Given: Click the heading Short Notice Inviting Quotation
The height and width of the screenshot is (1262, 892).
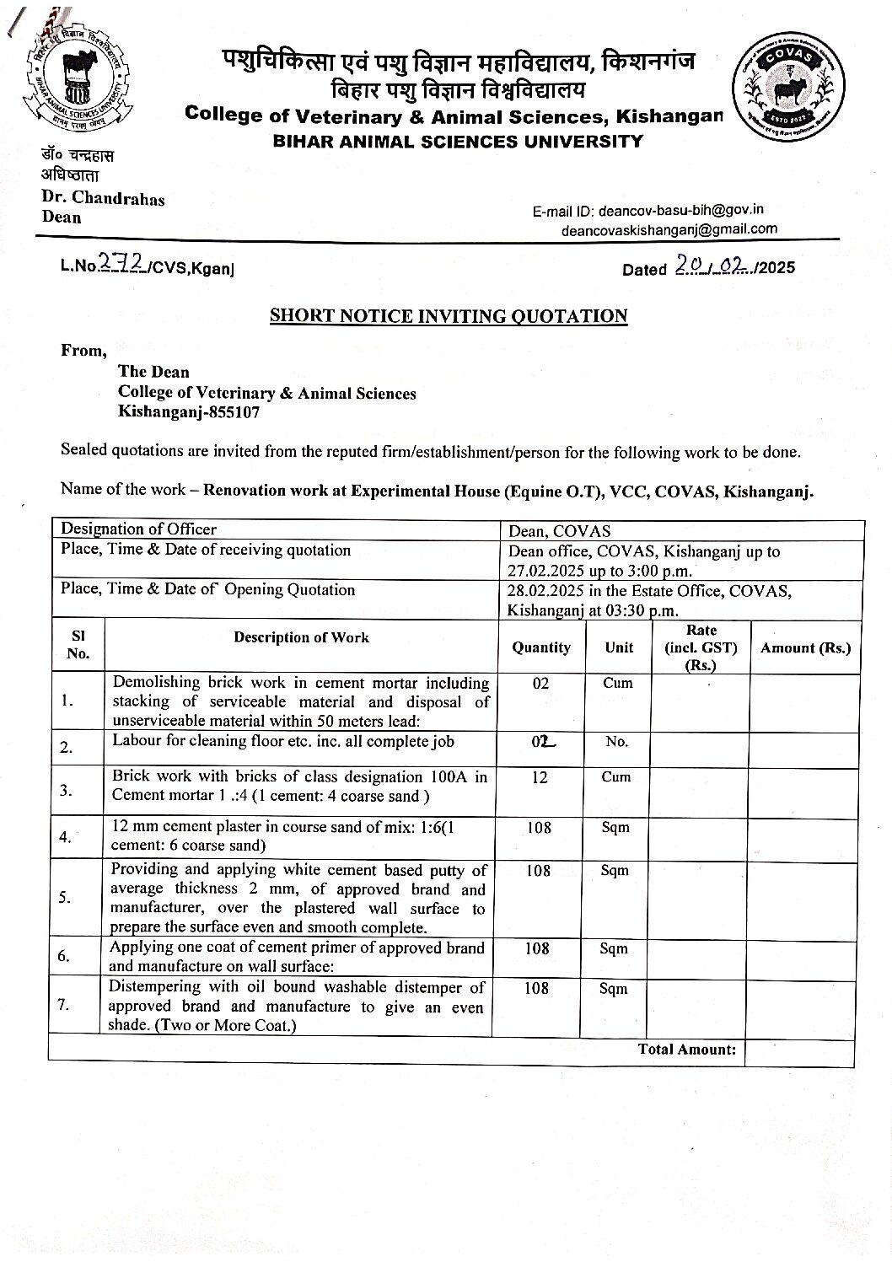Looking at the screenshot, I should click(x=448, y=316).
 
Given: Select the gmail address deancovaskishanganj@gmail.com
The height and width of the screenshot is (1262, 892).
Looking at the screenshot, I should click(x=669, y=228).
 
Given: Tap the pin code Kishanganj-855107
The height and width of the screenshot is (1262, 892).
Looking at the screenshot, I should click(x=189, y=412).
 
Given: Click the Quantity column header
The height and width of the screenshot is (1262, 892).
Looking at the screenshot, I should click(x=541, y=647).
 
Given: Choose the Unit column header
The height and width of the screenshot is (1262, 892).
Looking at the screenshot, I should click(x=619, y=647).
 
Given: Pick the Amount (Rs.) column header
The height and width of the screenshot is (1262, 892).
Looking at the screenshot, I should click(x=805, y=647).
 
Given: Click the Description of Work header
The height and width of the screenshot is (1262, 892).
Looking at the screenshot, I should click(x=301, y=637).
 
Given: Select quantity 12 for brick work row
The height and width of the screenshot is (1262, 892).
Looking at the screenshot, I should click(x=540, y=777).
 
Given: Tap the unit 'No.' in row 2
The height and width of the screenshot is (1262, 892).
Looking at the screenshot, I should click(x=617, y=742).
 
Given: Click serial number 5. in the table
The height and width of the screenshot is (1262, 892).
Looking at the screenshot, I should click(x=65, y=898).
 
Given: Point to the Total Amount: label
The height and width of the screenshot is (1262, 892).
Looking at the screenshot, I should click(x=686, y=1050).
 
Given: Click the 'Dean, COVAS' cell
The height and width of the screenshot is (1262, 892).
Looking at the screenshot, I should click(x=559, y=531).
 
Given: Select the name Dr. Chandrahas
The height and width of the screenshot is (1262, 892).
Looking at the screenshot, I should click(x=103, y=199).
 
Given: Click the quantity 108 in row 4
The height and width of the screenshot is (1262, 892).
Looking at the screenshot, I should click(x=540, y=828).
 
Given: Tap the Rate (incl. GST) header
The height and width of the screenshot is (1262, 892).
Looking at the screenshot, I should click(x=701, y=647).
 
